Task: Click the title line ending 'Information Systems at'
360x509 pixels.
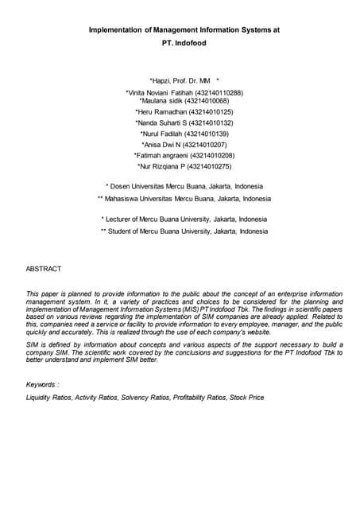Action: (x=184, y=29)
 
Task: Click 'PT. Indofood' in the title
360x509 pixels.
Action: (x=184, y=43)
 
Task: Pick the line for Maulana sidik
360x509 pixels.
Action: (x=165, y=101)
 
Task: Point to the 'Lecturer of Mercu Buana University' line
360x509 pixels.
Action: (x=184, y=219)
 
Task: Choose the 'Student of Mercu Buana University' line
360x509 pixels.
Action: (x=184, y=231)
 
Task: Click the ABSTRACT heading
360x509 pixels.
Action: (x=44, y=270)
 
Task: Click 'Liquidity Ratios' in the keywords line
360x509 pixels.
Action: (x=49, y=397)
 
